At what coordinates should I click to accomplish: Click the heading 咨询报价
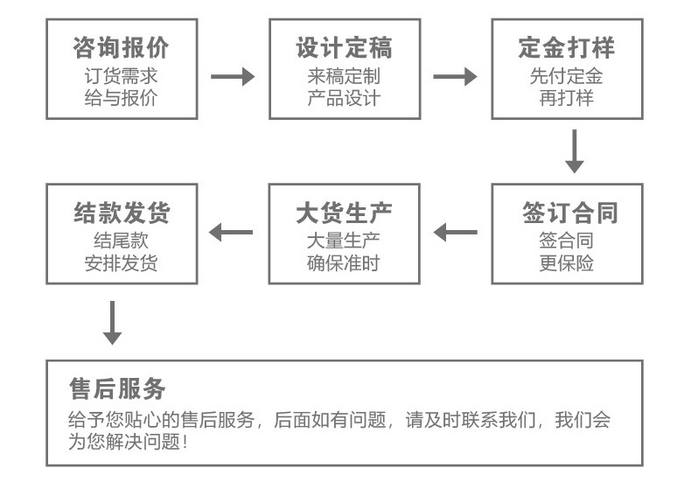coord(121,46)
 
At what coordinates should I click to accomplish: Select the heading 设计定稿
coord(344,46)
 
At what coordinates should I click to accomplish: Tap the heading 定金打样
coord(567,46)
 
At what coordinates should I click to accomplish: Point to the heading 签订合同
coord(567,213)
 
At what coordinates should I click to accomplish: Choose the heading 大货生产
coord(344,213)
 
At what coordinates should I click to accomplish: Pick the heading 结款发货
coord(121,213)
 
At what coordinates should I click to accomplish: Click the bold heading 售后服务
coord(117,388)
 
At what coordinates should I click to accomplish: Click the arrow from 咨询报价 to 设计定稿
coord(233,77)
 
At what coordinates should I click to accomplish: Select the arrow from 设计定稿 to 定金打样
coord(455,77)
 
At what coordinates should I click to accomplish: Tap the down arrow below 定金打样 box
coord(575,150)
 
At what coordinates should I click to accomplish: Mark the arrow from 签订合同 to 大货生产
coord(456,233)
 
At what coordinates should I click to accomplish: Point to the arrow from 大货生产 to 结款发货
coord(231,233)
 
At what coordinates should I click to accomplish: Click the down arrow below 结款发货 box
coord(112,323)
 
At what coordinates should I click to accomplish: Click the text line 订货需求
coord(121,76)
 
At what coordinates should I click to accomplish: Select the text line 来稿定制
coord(344,76)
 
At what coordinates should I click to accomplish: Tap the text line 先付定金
coord(567,76)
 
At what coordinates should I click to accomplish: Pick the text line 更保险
coord(567,262)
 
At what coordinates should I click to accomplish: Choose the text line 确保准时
coord(344,262)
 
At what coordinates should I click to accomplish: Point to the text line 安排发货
coord(121,262)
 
